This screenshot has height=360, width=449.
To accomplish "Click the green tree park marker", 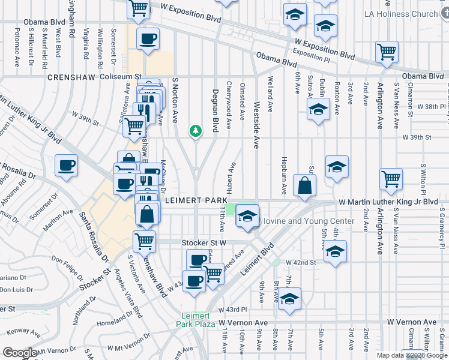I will (x=195, y=130).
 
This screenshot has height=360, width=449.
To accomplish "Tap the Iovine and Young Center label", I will (x=309, y=221).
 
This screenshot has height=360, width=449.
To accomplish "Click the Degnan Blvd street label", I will (x=215, y=107).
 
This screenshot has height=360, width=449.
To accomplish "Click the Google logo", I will (x=20, y=352).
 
